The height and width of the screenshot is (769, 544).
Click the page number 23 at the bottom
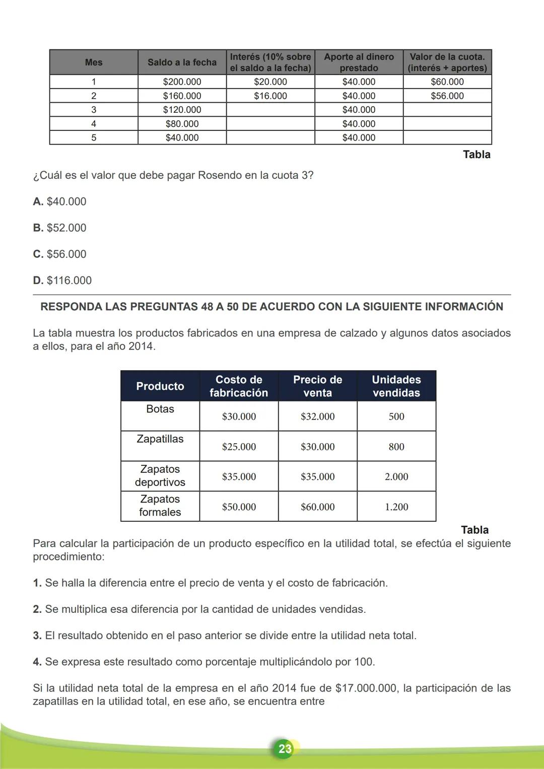pos(285,748)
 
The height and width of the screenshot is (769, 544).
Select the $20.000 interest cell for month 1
pos(270,82)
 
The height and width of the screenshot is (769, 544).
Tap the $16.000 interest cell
pos(270,96)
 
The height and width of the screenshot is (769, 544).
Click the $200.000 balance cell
pos(182,82)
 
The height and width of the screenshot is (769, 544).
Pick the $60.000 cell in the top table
pos(447,82)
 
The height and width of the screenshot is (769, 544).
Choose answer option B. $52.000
pos(60,228)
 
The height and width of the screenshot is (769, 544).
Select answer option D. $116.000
pos(62,281)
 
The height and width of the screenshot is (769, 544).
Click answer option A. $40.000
pos(60,201)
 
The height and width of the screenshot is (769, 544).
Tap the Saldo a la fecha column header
pos(182,62)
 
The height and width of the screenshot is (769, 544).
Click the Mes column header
pos(94,62)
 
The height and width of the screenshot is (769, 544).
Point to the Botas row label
pos(160,409)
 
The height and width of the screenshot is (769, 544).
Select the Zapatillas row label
pos(160,439)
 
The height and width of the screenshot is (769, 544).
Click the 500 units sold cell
pos(396,416)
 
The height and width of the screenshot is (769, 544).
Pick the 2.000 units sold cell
pos(396,476)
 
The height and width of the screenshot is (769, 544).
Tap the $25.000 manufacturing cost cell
pos(239,447)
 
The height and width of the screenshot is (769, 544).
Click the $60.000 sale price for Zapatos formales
pos(318,507)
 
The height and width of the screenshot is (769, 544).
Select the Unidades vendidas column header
pos(396,386)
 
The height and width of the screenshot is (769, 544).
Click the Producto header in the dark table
pos(160,386)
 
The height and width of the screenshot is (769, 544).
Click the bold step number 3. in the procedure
pos(37,636)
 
